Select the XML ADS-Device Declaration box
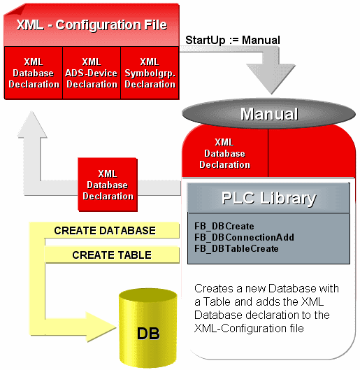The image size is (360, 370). pos(91,73)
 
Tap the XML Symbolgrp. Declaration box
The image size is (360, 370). pos(149,73)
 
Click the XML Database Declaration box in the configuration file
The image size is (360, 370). pos(34,73)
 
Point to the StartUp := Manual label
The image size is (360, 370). pos(232,40)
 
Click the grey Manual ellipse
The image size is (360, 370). pos(269,114)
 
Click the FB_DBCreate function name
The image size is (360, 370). pos(224,227)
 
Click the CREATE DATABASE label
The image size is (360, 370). pos(105,230)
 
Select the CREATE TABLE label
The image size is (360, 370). pos(112,255)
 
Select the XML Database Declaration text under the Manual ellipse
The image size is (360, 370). pos(224,153)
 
